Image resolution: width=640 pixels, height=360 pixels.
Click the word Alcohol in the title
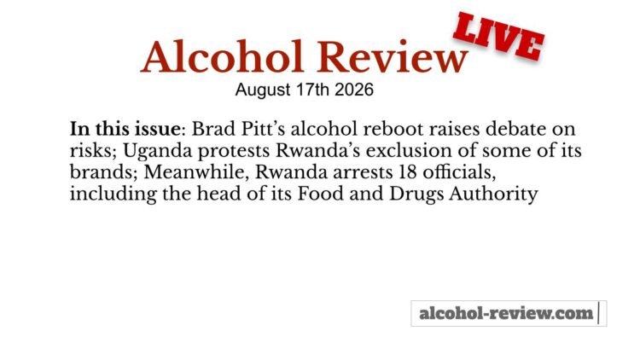click(x=222, y=56)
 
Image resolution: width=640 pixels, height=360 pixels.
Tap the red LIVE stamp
click(x=499, y=37)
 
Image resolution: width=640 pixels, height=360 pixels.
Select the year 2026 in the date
click(x=354, y=90)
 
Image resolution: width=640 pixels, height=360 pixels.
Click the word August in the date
click(x=263, y=90)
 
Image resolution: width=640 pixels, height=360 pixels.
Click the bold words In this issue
click(x=125, y=129)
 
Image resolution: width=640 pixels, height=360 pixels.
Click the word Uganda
click(x=157, y=151)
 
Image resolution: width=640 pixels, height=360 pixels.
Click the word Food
click(x=320, y=194)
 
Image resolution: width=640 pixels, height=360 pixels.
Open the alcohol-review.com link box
click(x=509, y=313)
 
